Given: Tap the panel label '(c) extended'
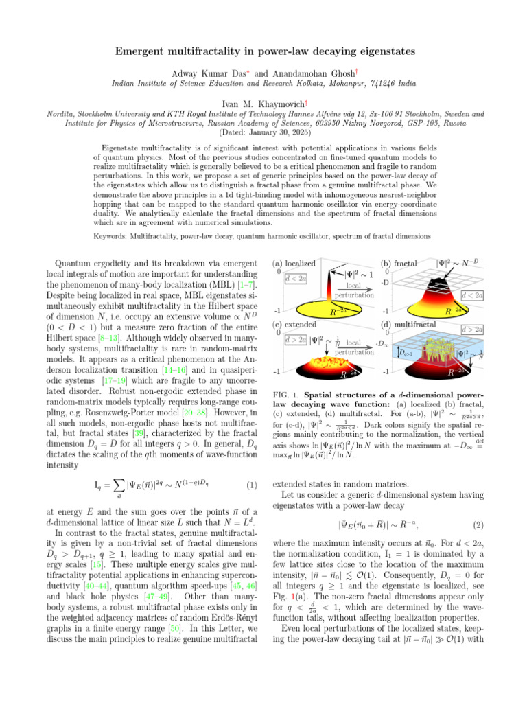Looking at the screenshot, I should (x=294, y=325).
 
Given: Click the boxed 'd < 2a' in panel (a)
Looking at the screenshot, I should (x=295, y=278).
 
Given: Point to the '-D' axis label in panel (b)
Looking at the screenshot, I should (x=386, y=283).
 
